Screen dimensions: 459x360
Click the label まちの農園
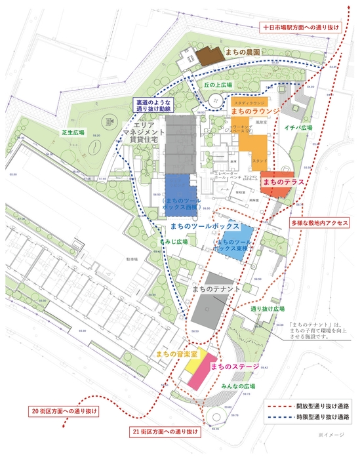coord(243,51)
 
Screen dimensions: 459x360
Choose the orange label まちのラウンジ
coord(254,112)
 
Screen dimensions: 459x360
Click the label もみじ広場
coord(174,242)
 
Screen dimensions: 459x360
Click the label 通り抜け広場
coord(266,308)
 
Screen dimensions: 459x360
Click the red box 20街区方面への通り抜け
coord(64,411)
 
